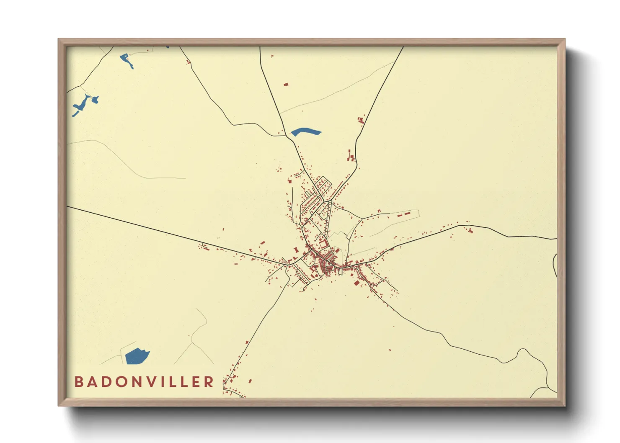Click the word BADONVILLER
(144, 382)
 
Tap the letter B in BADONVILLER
(78, 382)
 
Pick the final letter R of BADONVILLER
(209, 382)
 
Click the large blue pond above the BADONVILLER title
(137, 356)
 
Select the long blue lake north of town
(305, 132)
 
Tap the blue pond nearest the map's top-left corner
(127, 60)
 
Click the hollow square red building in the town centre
(323, 243)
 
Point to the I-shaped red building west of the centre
(297, 250)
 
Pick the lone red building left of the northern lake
(287, 85)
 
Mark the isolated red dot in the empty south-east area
(390, 350)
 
